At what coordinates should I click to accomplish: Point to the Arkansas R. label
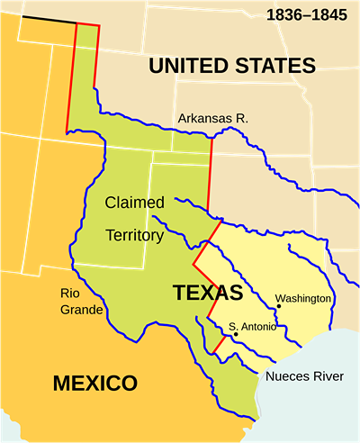point(212,118)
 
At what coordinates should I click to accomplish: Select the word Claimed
point(134,203)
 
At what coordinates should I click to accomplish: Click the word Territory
point(134,235)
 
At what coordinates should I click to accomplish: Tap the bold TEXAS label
point(208,293)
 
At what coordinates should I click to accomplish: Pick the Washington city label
point(303,298)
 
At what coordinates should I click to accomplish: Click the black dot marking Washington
point(279,306)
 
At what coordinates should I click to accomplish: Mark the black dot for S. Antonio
point(235,334)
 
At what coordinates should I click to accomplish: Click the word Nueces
point(284,375)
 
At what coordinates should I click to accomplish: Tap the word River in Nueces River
point(328,375)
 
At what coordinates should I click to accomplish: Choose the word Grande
point(77,311)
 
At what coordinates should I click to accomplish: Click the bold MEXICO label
point(95,384)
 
